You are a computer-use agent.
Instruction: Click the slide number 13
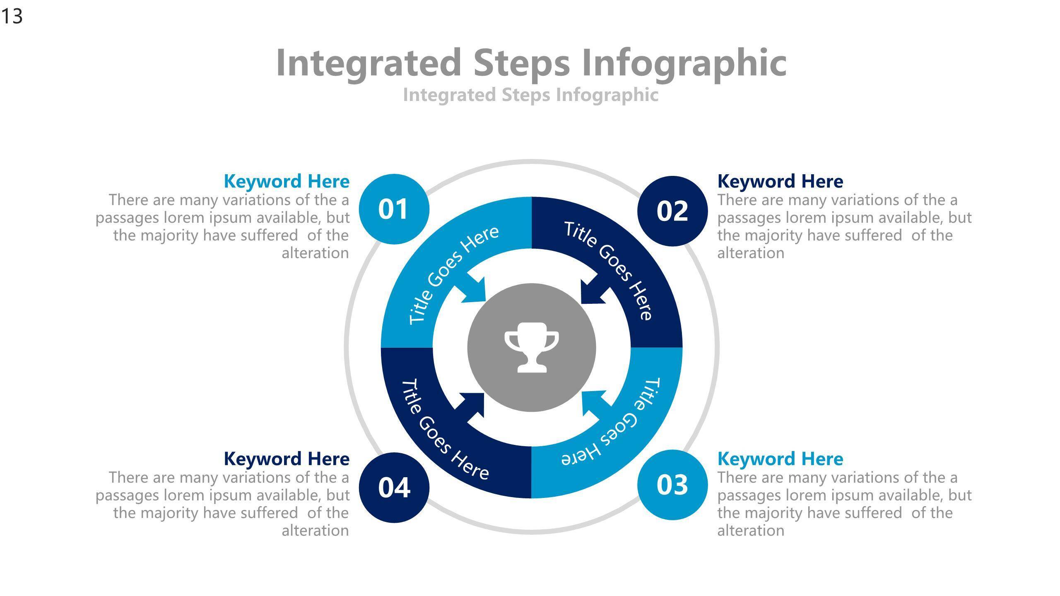point(12,17)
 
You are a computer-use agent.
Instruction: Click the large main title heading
point(531,63)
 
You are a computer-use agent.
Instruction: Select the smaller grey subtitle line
point(531,95)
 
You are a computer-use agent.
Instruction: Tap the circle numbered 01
point(394,209)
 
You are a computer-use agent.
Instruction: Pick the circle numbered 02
point(672,211)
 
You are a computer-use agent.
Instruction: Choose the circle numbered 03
point(672,485)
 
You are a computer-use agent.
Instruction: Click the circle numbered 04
point(394,487)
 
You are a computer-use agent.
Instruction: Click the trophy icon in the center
point(532,347)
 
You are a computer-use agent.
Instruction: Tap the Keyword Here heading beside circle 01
point(287,181)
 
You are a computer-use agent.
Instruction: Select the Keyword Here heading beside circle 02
point(780,181)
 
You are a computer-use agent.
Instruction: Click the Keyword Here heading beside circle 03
point(780,459)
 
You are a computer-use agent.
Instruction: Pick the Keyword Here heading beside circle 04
point(287,459)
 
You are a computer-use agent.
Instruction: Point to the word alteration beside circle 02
point(751,253)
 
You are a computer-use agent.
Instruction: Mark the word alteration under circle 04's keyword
point(316,531)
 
